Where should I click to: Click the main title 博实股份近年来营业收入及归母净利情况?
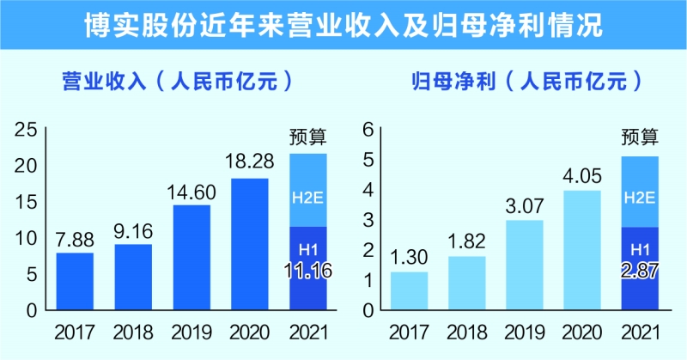[343, 23]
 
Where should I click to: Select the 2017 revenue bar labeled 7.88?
[75, 281]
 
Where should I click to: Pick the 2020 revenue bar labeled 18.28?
[249, 244]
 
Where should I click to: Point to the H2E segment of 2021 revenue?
[308, 190]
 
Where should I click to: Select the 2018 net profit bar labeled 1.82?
[467, 283]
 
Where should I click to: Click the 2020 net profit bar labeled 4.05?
[582, 250]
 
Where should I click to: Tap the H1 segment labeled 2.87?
[640, 268]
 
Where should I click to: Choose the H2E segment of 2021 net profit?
[640, 192]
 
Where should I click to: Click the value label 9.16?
[133, 232]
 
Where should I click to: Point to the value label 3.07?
[524, 207]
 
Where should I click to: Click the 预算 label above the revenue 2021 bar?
[308, 136]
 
